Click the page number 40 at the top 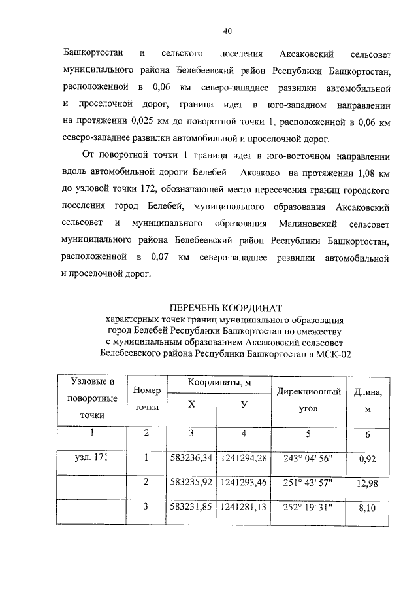coord(227,31)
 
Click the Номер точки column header coord(146,398)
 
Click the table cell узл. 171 coord(92,457)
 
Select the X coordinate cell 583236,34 coord(191,457)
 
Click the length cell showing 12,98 coord(367,482)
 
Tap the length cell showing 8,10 coord(367,507)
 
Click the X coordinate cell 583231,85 coord(191,507)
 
